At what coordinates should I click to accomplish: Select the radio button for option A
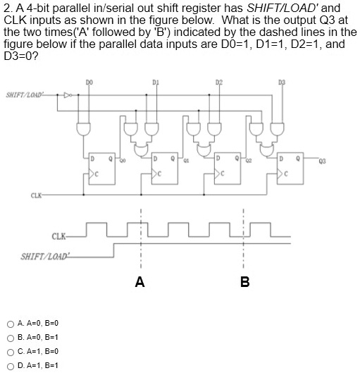coord(8,324)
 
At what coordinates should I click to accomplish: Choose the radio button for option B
coord(8,338)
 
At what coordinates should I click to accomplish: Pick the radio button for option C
coord(8,351)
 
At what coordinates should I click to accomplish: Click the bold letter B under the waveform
coord(244,283)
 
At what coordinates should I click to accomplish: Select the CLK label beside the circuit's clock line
coord(35,195)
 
